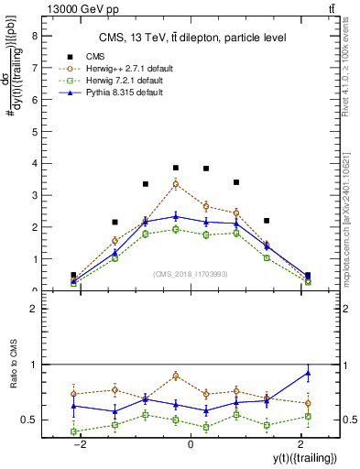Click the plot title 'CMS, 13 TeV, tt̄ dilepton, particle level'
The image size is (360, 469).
pyautogui.click(x=192, y=38)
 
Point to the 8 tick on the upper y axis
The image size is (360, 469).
pyautogui.click(x=37, y=36)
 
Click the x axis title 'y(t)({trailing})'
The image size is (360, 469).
pyautogui.click(x=301, y=457)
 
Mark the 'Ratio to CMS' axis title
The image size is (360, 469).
pyautogui.click(x=13, y=365)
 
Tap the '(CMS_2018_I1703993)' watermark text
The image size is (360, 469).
pyautogui.click(x=190, y=274)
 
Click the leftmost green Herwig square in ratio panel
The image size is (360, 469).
pyautogui.click(x=73, y=431)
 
